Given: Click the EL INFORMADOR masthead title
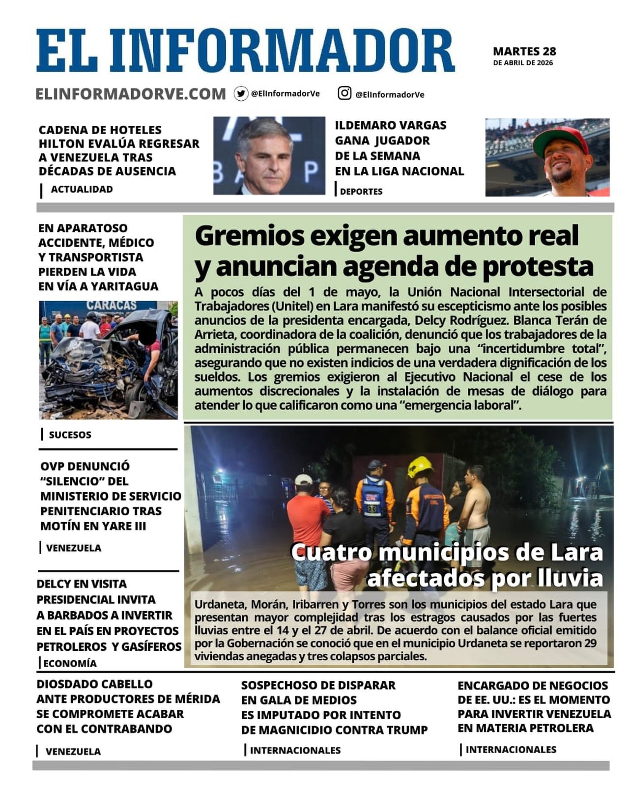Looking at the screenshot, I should point(245,51).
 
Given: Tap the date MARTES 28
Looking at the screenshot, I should point(524,51).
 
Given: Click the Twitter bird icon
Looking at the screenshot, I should point(241,93).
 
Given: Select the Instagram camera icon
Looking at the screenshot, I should point(344,93).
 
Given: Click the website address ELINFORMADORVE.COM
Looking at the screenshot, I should point(131,94).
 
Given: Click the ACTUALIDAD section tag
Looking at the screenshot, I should point(82,189).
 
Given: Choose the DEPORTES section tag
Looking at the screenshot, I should point(361,192).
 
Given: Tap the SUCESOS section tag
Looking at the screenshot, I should point(70,435).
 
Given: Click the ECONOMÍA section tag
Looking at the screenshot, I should point(70,663).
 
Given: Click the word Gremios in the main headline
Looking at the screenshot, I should point(249,236).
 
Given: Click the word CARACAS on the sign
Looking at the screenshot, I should point(112,306).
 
